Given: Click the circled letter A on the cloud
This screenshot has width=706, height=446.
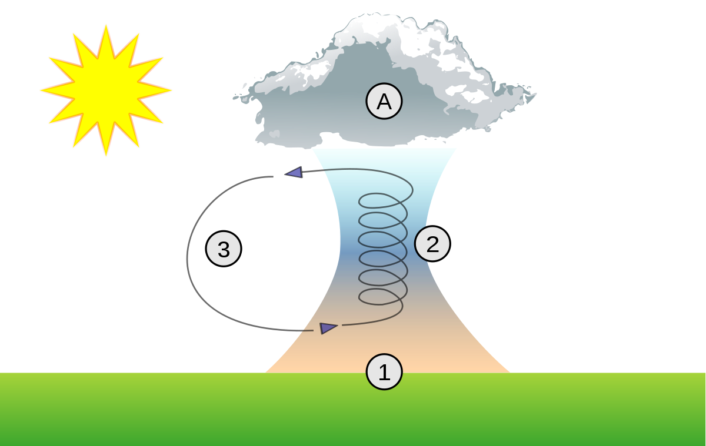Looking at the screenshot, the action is tap(384, 101).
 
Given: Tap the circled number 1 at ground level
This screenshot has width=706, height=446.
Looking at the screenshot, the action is tap(384, 372).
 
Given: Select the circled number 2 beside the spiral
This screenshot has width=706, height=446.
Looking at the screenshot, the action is tap(432, 244).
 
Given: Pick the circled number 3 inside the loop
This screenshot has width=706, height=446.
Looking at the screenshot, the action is tap(224, 249).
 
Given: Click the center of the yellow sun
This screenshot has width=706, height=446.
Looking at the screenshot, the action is tap(106, 90).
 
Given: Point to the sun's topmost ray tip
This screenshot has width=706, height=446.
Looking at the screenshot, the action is tap(106, 25).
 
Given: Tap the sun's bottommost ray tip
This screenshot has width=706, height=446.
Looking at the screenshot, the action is tap(106, 156).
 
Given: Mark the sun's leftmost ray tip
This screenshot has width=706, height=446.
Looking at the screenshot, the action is tap(41, 90).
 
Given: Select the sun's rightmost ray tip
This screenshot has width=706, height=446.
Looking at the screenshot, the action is tap(171, 90).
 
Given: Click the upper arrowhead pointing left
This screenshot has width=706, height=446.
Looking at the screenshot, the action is tap(294, 173).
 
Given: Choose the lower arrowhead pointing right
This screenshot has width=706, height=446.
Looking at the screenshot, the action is tap(328, 328).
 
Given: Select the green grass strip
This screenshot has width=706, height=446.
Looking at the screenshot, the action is tap(352, 409).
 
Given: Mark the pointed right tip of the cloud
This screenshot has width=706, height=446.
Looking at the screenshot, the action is tap(536, 93).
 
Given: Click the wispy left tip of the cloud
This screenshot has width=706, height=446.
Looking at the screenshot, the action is tap(234, 98).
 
